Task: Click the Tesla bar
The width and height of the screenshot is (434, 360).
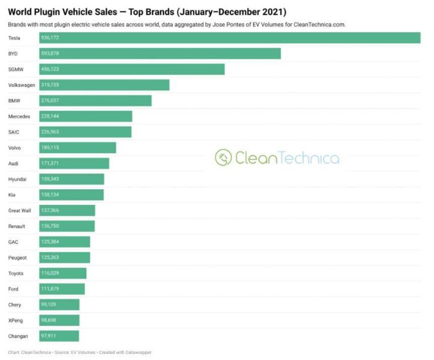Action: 230,38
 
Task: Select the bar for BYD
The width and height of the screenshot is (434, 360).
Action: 160,54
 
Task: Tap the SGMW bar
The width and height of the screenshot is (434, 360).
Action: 132,69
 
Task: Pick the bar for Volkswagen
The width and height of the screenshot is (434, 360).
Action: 104,85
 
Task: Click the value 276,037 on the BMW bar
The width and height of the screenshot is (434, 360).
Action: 50,101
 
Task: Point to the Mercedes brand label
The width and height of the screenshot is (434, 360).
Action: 19,116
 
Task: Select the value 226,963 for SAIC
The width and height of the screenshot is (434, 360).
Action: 50,132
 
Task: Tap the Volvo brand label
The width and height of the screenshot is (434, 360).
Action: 15,148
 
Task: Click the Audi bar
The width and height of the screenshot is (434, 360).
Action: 74,163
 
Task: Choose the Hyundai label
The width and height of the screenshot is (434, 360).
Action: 17,179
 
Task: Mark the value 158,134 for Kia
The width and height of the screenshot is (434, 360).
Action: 50,195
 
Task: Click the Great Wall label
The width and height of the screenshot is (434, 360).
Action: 20,210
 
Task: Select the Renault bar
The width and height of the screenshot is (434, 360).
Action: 67,226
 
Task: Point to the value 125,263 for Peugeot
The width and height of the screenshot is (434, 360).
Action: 50,257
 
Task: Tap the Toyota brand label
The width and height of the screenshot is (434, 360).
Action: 16,273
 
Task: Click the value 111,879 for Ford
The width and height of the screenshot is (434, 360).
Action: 50,289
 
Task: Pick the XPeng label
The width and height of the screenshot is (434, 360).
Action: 16,320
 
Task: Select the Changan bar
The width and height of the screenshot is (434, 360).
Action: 59,336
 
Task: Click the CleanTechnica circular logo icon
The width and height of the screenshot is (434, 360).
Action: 224,158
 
